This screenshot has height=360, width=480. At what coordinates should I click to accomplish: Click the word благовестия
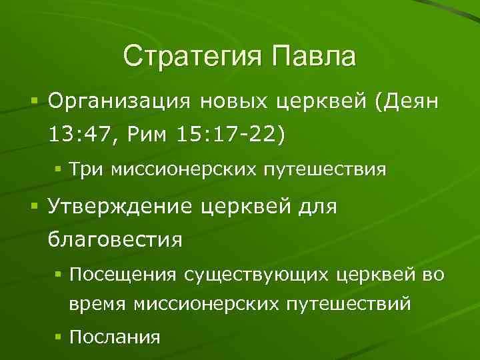(114, 239)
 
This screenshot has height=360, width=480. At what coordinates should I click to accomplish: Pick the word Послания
(115, 336)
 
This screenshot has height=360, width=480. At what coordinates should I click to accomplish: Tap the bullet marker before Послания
(60, 336)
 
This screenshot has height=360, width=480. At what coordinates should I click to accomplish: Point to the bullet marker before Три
(60, 169)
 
